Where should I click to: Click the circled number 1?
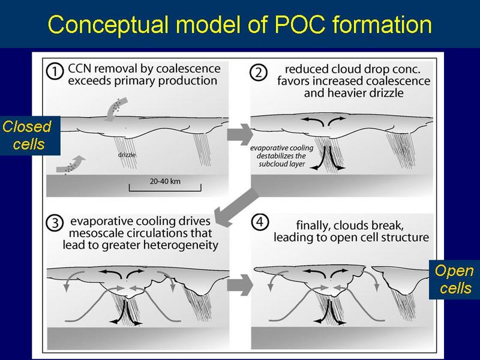pyautogui.click(x=55, y=71)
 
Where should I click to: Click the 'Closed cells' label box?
pyautogui.click(x=26, y=136)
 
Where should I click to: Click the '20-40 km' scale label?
pyautogui.click(x=165, y=180)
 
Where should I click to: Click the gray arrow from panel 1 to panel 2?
pyautogui.click(x=236, y=133)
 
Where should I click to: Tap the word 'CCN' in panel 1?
pyautogui.click(x=82, y=67)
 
